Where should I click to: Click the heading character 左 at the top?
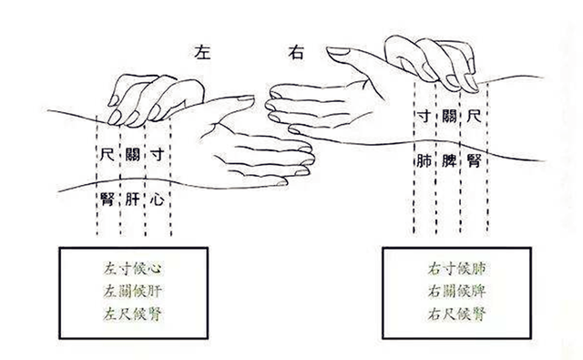(202, 53)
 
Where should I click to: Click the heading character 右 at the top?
(296, 53)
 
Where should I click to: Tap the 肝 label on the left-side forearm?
(132, 200)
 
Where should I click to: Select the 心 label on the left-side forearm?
(158, 200)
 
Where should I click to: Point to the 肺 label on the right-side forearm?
(424, 160)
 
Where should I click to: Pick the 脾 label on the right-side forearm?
(449, 160)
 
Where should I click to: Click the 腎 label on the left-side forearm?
(107, 200)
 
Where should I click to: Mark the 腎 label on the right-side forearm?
(475, 160)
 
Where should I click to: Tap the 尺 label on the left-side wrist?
(107, 154)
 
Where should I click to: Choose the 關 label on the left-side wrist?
(132, 154)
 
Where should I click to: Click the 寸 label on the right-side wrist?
(424, 116)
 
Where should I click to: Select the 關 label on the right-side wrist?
(449, 116)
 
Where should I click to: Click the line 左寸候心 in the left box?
(133, 269)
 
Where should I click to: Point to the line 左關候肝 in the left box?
(133, 292)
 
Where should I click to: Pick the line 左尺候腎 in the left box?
(133, 314)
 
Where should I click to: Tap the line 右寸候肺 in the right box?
(457, 269)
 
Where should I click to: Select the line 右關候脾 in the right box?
(457, 292)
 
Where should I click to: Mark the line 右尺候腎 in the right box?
(457, 314)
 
